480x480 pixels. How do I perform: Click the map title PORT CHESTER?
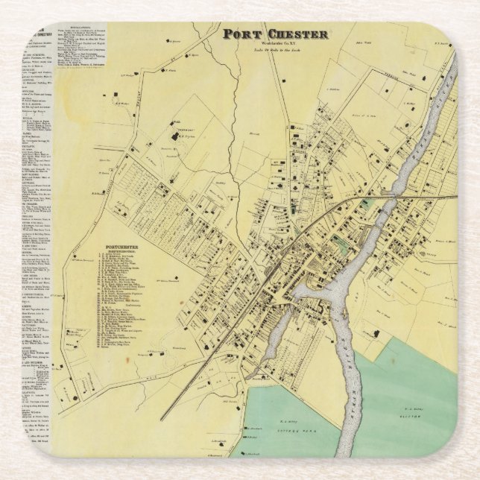click(276, 34)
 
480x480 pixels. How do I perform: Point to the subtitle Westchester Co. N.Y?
click(275, 44)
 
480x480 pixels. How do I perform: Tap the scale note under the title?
click(275, 51)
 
